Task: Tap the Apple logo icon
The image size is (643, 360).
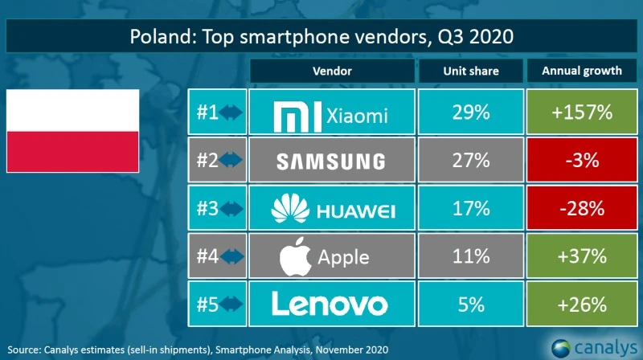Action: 294,256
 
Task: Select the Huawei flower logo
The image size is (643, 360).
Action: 289,211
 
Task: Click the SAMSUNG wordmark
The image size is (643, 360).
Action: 330,162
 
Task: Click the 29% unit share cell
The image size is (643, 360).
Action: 470,113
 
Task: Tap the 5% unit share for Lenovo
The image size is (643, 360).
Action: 470,303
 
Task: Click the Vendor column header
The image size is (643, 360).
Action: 332,71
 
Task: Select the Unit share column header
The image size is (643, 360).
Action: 470,71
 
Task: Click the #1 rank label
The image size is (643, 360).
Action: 208,113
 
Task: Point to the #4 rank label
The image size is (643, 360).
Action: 208,256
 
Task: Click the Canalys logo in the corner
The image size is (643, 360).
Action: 593,348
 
